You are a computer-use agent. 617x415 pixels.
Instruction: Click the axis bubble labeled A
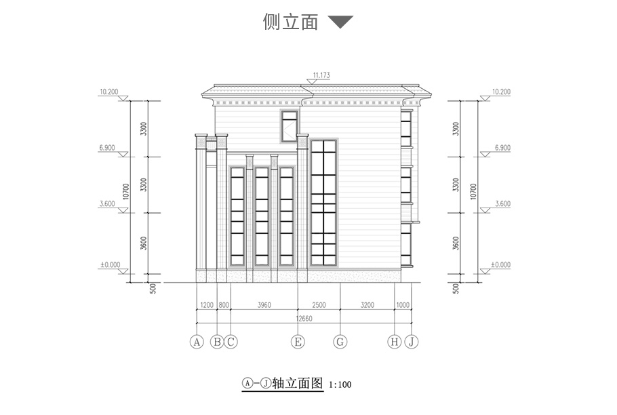tap(197, 342)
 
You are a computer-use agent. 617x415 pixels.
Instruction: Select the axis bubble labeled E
tap(298, 342)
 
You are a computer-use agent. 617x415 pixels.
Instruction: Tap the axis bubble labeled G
tap(340, 342)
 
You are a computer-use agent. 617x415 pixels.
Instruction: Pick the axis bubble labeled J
tap(412, 342)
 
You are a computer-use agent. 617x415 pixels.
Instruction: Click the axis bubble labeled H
tap(395, 342)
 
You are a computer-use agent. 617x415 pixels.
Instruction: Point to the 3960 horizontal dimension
tap(264, 305)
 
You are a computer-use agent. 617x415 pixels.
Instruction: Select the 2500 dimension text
tap(319, 305)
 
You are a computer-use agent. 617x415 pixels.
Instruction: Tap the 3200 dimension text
tap(367, 305)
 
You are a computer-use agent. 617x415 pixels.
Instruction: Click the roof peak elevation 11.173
tap(321, 75)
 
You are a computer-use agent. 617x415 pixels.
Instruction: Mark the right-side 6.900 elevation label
tap(502, 147)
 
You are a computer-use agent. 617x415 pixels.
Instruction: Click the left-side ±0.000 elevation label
tap(109, 264)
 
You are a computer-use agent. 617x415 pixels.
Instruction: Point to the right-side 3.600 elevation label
tap(502, 203)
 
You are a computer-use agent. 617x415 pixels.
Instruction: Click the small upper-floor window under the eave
tap(290, 125)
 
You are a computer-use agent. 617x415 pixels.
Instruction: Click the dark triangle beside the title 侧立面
tap(340, 22)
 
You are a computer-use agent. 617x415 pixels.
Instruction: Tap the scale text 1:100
tap(340, 385)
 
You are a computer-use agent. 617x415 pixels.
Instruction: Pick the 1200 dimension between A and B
tap(206, 305)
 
